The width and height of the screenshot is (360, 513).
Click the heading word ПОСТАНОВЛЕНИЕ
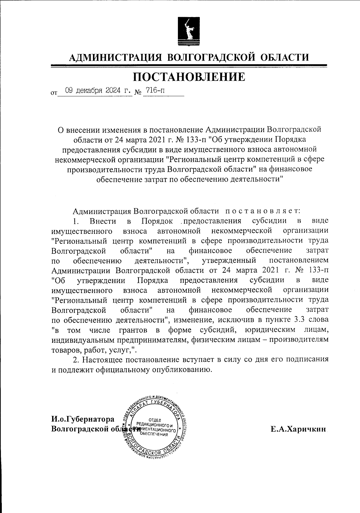(x=189, y=77)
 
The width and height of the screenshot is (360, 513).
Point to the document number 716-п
(x=155, y=90)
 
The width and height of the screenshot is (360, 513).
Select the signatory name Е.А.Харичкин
(x=298, y=430)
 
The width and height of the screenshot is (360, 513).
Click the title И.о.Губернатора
(x=83, y=419)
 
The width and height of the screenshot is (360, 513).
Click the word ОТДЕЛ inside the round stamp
(x=155, y=420)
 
